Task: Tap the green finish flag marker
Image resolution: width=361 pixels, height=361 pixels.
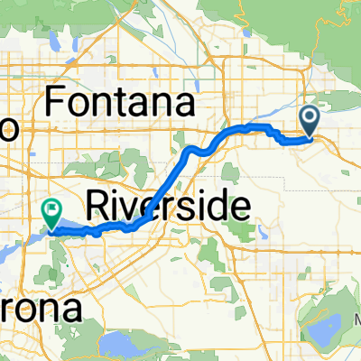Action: tap(52, 213)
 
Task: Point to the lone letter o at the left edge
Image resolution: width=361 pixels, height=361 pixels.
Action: tap(8, 129)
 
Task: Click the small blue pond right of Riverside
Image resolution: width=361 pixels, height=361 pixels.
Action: tap(263, 233)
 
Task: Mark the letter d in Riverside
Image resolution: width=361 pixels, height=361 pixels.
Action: tap(218, 207)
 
